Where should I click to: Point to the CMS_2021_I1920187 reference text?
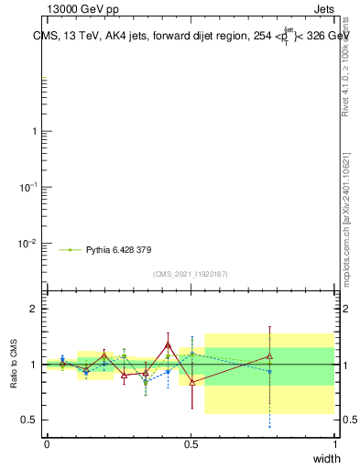click(x=191, y=274)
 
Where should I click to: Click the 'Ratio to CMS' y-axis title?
click(x=14, y=364)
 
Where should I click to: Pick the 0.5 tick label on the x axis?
click(x=191, y=442)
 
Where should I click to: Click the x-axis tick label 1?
click(x=334, y=442)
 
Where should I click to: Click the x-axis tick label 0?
click(x=46, y=442)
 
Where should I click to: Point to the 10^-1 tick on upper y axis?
click(x=27, y=187)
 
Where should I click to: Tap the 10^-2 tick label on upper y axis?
click(x=27, y=244)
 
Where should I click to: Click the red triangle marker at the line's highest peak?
click(x=168, y=344)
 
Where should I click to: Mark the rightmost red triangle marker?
click(x=269, y=355)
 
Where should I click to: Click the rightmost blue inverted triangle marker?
click(x=269, y=371)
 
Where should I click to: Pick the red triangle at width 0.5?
click(x=191, y=382)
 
